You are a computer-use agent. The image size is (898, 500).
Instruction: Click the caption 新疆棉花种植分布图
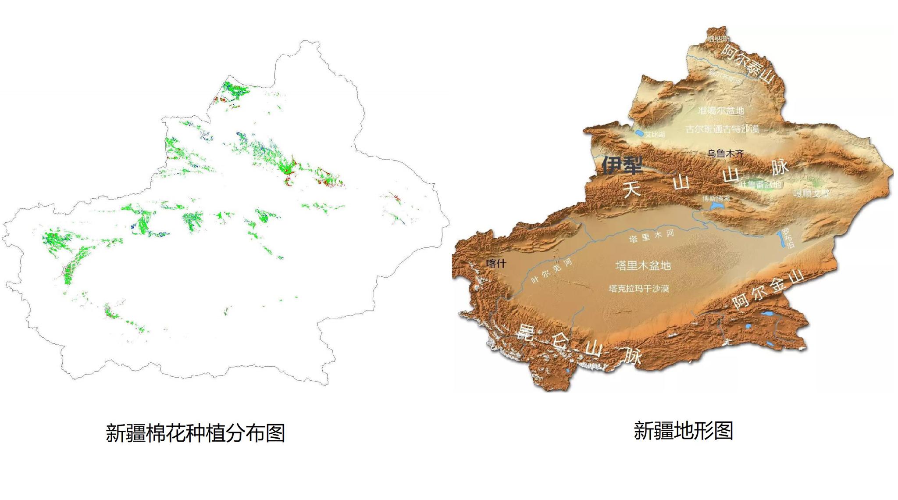[x=196, y=433]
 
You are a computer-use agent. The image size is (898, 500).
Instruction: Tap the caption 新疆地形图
[x=683, y=431]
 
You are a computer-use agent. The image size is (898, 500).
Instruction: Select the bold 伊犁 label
[x=622, y=165]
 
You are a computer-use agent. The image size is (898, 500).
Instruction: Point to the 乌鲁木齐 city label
[x=725, y=154]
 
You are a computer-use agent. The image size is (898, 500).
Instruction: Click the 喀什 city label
[x=496, y=263]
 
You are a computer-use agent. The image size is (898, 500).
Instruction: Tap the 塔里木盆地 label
[x=643, y=265]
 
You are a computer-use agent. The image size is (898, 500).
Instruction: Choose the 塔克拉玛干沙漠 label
[x=639, y=289]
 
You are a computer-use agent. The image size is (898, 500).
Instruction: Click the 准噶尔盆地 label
[x=721, y=111]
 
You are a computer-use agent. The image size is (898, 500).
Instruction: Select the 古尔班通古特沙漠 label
[x=722, y=129]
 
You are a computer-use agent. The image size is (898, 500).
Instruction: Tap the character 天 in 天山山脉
[x=633, y=189]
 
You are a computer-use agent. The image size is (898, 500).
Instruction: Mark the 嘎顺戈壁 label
[x=811, y=193]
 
